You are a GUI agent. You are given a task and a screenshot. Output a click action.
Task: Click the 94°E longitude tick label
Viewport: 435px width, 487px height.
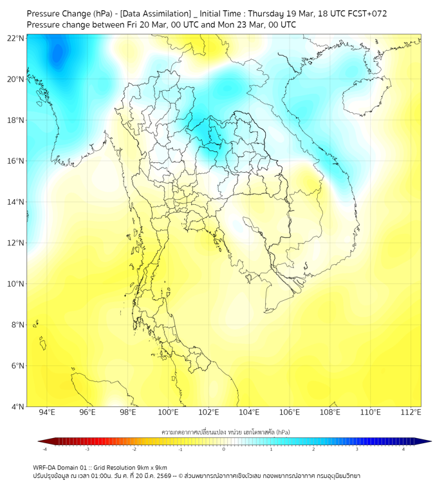(47, 412)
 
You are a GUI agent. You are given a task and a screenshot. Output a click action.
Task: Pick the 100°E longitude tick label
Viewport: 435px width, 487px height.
(168, 412)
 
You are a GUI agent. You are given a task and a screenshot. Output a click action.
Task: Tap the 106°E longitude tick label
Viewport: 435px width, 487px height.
(290, 412)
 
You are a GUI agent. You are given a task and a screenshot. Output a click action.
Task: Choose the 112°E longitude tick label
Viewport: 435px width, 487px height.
(411, 412)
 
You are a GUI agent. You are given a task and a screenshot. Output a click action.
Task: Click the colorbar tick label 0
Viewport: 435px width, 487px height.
(224, 450)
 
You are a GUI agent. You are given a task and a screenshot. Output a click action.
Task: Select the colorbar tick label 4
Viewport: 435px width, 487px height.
(403, 450)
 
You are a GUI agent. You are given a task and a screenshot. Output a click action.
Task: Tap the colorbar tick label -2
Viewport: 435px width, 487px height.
(134, 450)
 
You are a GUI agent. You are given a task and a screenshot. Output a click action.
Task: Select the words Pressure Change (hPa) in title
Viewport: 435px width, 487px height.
(69, 14)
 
